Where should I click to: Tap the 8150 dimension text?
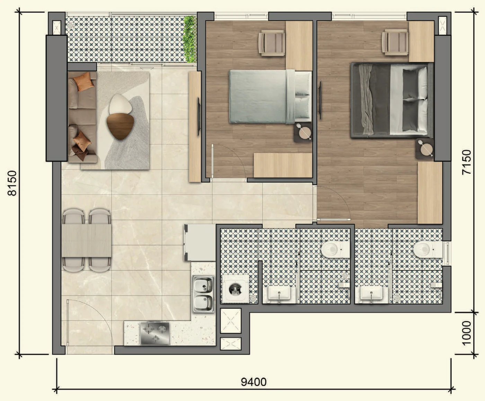click(12, 183)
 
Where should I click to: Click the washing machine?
click(236, 289)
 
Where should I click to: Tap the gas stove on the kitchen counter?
click(155, 333)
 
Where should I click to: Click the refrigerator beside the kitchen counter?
click(200, 242)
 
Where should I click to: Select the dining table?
click(86, 240)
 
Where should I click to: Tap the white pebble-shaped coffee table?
click(120, 104)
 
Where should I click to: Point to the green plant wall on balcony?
click(190, 39)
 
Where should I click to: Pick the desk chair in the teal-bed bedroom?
click(272, 43)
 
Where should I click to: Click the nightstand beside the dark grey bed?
click(425, 149)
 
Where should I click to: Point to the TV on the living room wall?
click(199, 117)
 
